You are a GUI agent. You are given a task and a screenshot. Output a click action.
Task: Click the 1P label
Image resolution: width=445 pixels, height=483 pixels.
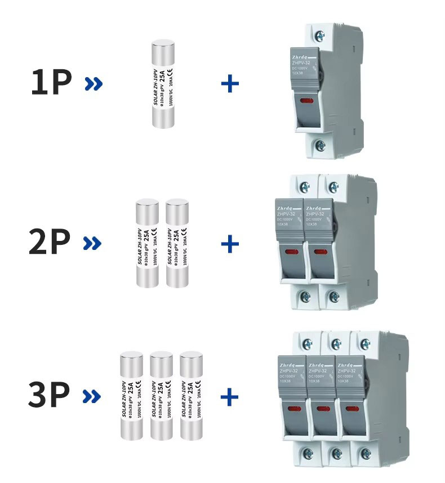(51, 82)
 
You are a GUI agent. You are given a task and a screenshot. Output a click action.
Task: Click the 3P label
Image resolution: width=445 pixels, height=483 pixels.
(50, 395)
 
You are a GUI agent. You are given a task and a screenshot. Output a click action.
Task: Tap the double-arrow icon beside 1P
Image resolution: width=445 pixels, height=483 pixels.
(94, 84)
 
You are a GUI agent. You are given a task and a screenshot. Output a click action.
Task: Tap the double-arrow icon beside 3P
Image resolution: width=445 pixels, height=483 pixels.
(92, 396)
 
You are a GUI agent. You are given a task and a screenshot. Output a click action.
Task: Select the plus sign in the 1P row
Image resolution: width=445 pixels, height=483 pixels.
(230, 84)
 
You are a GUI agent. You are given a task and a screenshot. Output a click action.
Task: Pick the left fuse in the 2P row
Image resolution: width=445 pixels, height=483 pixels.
(148, 243)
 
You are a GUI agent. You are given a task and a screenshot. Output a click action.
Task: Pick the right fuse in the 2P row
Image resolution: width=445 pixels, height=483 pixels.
(177, 243)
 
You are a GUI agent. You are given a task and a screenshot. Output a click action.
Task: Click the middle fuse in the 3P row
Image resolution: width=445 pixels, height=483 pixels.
(161, 395)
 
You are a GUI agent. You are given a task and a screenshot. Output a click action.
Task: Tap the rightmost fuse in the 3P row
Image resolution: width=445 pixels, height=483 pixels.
(190, 395)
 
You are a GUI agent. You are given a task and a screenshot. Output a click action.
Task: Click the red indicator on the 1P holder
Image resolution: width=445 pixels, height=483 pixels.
(308, 101)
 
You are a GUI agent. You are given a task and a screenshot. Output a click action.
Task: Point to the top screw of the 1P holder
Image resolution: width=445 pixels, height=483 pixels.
(320, 36)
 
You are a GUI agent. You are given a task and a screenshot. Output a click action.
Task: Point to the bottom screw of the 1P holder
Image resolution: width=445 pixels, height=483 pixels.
(320, 145)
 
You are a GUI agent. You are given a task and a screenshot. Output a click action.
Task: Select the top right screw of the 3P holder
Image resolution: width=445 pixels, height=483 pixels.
(365, 343)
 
